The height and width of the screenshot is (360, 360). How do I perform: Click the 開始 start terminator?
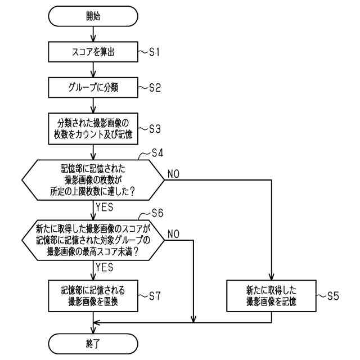(x=93, y=16)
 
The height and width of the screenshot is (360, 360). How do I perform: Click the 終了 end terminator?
(x=93, y=342)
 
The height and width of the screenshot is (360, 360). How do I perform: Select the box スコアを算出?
(x=93, y=53)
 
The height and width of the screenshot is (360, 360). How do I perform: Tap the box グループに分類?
(x=93, y=88)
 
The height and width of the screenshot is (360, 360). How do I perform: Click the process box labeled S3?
(x=93, y=128)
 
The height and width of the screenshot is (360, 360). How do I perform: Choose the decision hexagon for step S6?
(x=93, y=240)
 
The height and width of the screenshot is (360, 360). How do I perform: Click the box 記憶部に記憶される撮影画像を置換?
(x=93, y=296)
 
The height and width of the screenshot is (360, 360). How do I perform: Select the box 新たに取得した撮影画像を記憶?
(x=272, y=296)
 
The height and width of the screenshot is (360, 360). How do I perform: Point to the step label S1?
(x=155, y=52)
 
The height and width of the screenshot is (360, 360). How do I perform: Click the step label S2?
(x=155, y=88)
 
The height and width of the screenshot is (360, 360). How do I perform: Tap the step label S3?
(x=155, y=128)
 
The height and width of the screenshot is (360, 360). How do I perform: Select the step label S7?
(x=155, y=296)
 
